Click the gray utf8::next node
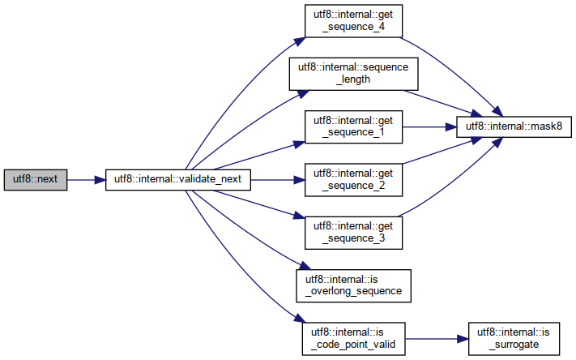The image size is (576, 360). [36, 180]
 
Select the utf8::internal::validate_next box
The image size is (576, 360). [178, 180]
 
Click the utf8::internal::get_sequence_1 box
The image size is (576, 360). [353, 126]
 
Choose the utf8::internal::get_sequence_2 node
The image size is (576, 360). [353, 179]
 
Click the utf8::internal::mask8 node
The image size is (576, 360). [515, 126]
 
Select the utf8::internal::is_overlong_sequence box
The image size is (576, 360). [353, 283]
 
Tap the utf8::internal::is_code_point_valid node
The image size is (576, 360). [353, 336]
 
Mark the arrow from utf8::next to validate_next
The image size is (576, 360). [86, 180]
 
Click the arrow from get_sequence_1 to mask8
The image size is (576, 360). [430, 126]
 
